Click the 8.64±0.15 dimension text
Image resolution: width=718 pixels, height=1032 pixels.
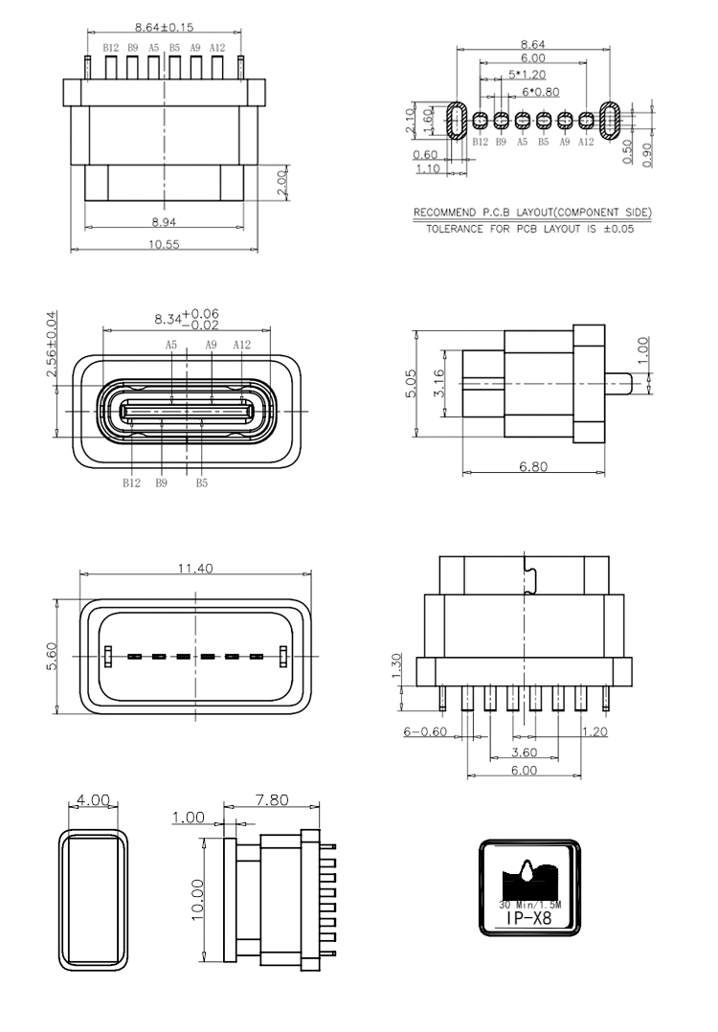164,27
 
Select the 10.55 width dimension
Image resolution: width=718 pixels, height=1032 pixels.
164,244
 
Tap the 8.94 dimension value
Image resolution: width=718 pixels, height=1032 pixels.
164,222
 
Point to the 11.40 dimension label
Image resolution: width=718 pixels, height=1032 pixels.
195,568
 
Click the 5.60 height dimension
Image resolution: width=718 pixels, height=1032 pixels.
52,656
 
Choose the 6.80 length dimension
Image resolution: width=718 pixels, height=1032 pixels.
533,466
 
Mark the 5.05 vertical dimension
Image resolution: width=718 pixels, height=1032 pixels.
410,383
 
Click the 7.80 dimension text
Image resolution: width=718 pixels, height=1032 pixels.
272,799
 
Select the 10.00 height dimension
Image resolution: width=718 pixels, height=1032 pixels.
197,900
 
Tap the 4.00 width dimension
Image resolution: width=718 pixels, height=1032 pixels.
93,799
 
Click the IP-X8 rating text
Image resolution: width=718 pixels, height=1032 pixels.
528,917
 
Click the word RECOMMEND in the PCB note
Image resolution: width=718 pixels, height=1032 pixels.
444,213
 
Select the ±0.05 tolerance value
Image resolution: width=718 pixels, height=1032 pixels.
618,229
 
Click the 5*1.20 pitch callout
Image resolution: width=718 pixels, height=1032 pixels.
527,75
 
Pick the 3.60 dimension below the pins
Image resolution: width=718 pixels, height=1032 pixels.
524,752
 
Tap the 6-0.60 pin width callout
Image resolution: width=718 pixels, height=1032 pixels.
425,731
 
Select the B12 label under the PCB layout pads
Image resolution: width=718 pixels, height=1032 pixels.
480,142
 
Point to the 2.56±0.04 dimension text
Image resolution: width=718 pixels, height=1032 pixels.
52,345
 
